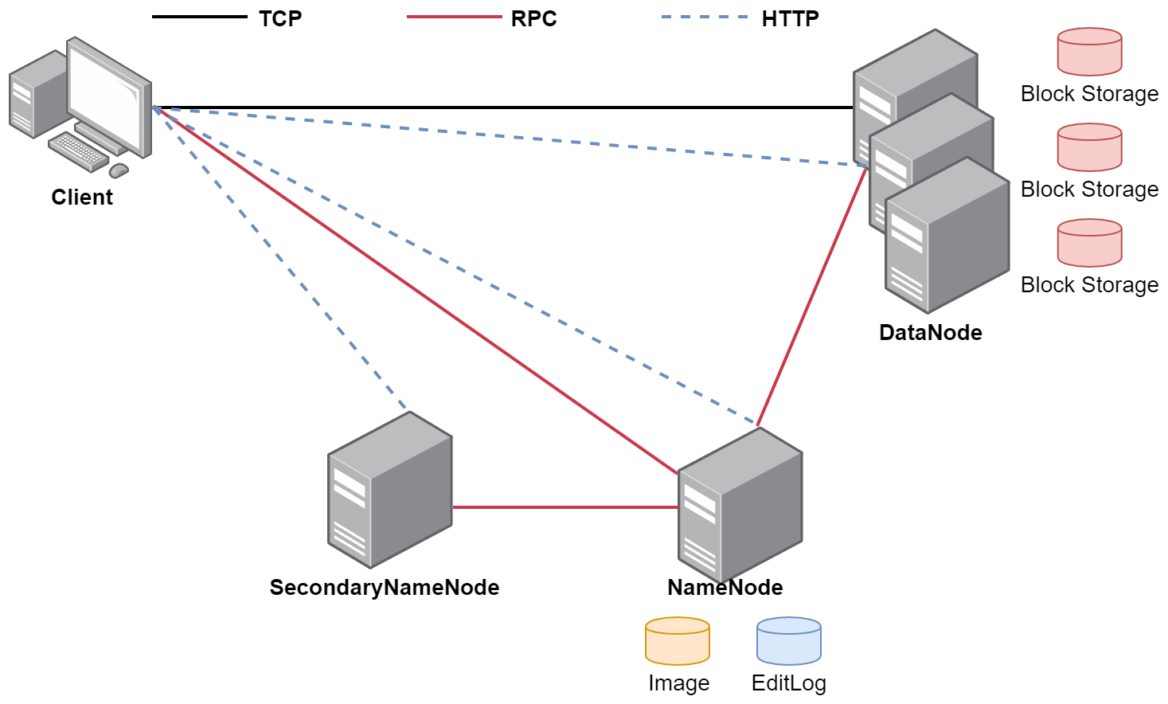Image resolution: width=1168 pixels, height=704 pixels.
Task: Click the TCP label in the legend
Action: (280, 18)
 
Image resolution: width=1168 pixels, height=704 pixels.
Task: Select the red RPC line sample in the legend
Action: (454, 17)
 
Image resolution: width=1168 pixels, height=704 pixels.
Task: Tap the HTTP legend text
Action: (790, 18)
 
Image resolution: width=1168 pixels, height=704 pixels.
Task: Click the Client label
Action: (82, 197)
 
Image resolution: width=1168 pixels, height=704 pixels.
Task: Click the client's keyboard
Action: (78, 151)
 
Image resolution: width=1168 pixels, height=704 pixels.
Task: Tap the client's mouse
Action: (119, 170)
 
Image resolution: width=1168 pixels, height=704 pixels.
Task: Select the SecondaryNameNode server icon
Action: (390, 490)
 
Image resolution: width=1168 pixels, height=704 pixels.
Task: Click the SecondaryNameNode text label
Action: (385, 587)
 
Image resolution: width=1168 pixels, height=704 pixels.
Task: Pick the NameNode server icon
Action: (740, 506)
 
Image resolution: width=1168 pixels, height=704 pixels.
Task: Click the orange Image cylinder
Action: (678, 641)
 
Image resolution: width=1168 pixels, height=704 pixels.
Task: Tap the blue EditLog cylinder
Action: (789, 641)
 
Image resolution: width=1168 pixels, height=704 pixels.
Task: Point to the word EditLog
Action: (789, 683)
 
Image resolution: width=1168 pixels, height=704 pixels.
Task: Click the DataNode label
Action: (930, 332)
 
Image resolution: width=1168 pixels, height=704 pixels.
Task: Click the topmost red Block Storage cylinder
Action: (1089, 52)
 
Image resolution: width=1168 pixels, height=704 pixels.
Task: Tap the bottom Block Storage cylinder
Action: (1089, 243)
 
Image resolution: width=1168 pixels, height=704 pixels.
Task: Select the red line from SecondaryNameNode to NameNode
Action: (565, 506)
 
